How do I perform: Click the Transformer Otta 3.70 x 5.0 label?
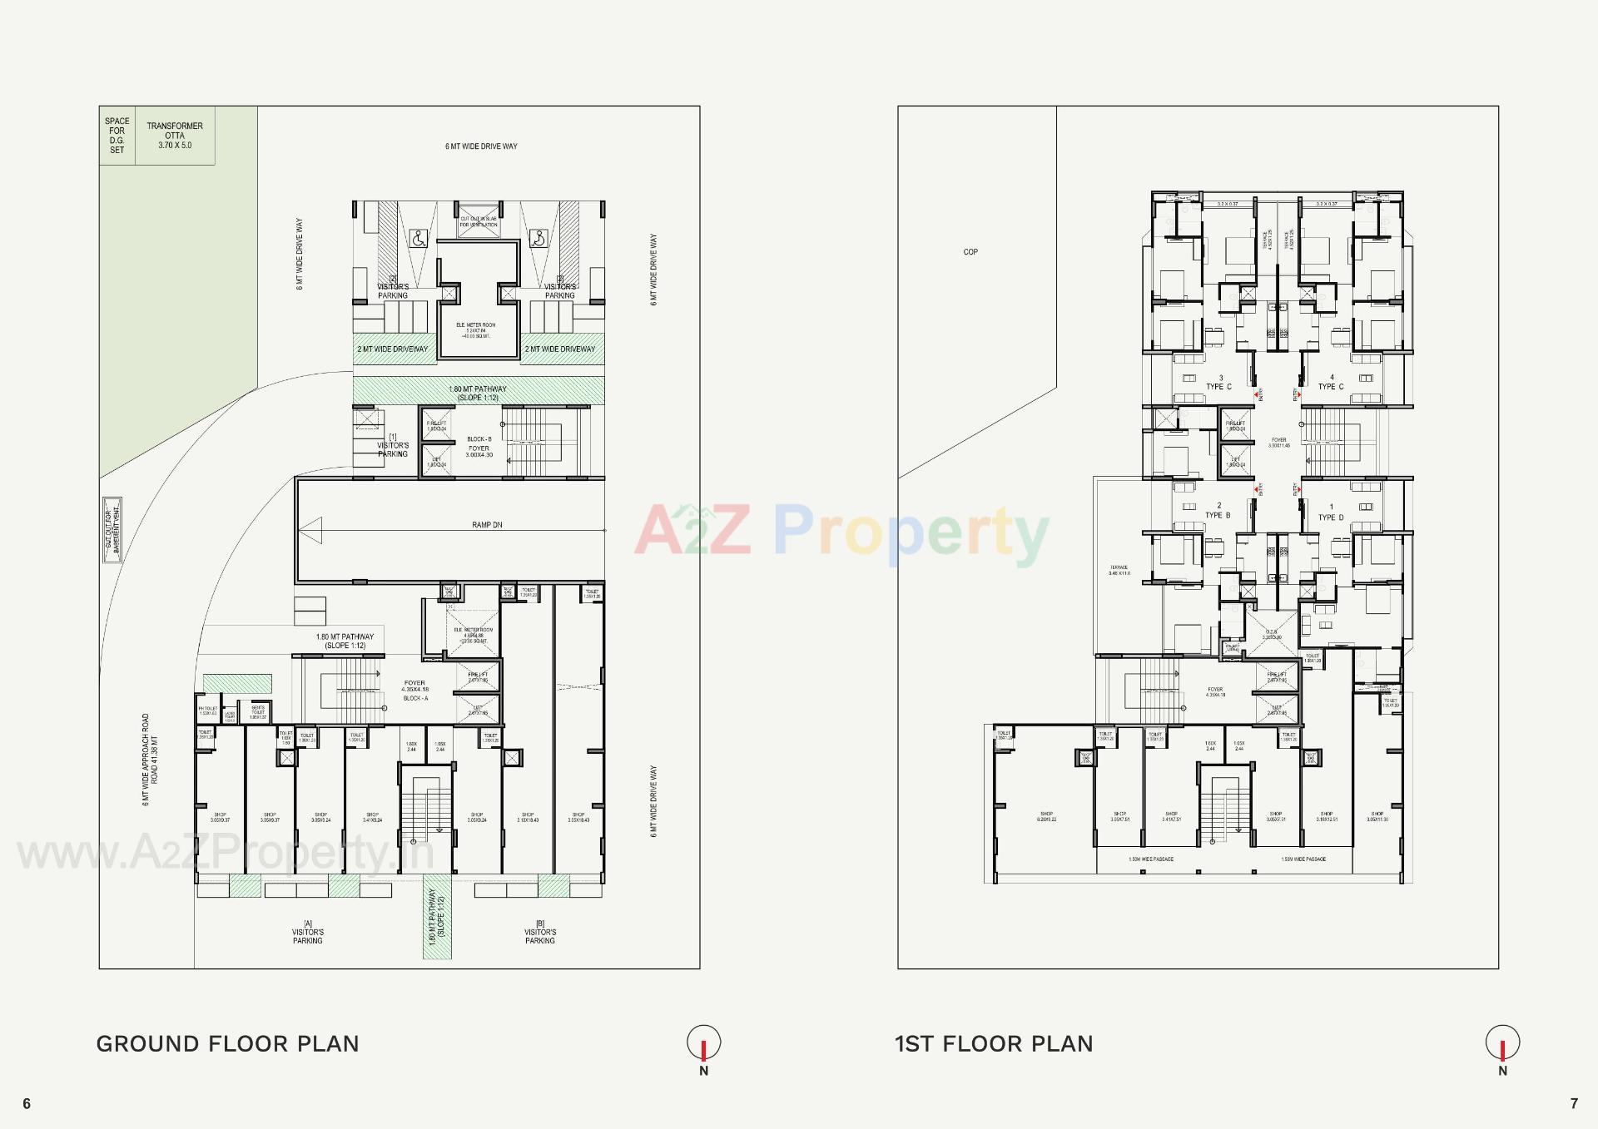click(175, 136)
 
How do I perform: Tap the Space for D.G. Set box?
click(117, 136)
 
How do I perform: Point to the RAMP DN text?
click(487, 525)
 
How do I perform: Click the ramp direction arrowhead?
click(310, 530)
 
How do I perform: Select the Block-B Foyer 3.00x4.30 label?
click(479, 448)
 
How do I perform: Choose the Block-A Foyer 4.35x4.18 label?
click(414, 690)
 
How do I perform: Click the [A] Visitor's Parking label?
click(307, 932)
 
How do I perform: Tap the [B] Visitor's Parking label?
click(539, 932)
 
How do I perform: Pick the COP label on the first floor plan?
click(970, 252)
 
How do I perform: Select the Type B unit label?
click(1218, 511)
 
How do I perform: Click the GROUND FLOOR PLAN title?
click(227, 1044)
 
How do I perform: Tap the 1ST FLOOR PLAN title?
click(994, 1044)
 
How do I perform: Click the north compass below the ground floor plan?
click(703, 1042)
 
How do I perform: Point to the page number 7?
click(1573, 1104)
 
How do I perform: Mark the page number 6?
click(27, 1104)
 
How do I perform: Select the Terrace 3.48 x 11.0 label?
click(1119, 570)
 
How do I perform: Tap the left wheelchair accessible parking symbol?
click(418, 239)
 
